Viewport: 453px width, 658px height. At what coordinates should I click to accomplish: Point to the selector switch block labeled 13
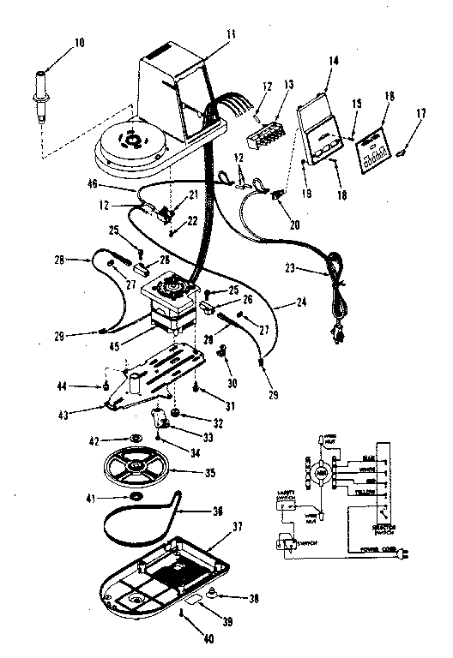pos(265,133)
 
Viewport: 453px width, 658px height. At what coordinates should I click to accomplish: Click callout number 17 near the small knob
pos(421,111)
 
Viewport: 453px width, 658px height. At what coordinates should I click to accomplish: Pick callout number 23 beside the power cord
pos(290,267)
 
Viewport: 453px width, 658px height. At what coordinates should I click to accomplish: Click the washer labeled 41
pos(136,497)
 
